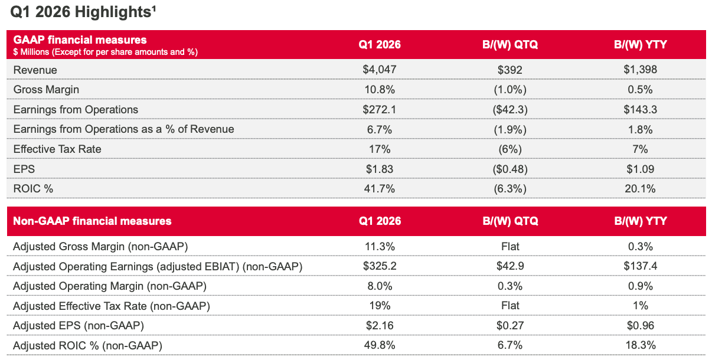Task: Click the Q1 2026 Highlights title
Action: point(83,12)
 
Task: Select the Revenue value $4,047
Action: point(380,70)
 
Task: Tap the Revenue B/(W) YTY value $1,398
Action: point(640,70)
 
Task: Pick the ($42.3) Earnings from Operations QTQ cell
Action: point(511,110)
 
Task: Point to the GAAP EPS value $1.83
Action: point(380,169)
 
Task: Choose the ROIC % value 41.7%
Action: point(380,189)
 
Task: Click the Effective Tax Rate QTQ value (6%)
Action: point(511,149)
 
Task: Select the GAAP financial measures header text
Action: point(80,40)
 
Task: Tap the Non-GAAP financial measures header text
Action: point(92,221)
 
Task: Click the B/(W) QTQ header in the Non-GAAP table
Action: point(511,221)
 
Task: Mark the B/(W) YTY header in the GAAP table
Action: point(640,45)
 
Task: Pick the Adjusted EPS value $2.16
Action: point(380,325)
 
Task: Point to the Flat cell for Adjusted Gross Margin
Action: point(511,246)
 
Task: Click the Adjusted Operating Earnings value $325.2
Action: point(380,266)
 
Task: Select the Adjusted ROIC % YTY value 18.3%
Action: point(640,345)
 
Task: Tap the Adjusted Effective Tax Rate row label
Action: point(111,306)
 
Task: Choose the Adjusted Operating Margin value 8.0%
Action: point(380,286)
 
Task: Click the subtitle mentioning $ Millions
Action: point(105,52)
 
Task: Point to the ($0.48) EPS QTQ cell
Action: point(511,169)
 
